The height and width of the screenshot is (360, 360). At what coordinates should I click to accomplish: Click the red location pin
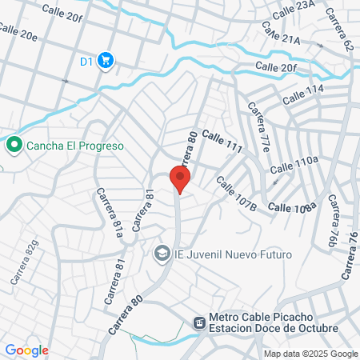coord(180,178)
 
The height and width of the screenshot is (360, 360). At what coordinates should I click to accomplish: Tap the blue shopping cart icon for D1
coord(106,60)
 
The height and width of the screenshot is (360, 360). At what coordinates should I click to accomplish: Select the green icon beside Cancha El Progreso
coord(14,146)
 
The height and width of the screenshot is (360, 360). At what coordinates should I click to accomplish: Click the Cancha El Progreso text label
coord(74,146)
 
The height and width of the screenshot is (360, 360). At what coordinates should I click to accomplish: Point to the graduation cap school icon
coord(162,254)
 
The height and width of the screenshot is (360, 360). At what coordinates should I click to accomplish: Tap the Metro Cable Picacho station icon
coord(198,322)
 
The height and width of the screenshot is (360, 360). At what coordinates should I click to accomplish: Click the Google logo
coord(26,350)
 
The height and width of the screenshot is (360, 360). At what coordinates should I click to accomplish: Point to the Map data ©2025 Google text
coord(311,353)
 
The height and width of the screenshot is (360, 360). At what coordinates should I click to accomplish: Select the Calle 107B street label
coord(235,195)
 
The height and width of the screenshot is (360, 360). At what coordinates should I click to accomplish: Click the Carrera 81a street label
coord(110,214)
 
